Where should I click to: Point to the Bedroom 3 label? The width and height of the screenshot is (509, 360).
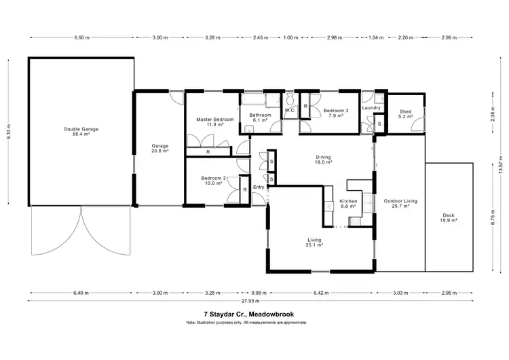coord(335,113)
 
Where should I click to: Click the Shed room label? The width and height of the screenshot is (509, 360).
coord(405,113)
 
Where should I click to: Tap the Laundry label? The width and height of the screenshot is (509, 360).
coord(371,107)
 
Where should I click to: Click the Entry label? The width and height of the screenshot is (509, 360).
coord(259,187)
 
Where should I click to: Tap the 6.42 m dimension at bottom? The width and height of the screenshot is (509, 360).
coord(321,293)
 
